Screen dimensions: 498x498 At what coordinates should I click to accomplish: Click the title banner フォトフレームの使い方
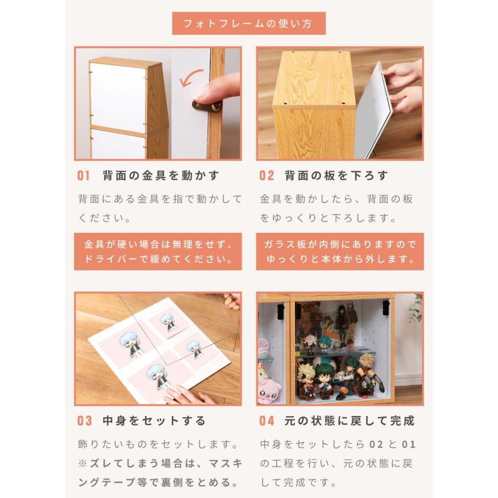pyautogui.click(x=248, y=24)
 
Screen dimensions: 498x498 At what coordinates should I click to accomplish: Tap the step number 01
pyautogui.click(x=83, y=176)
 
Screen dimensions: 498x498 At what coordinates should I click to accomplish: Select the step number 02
pyautogui.click(x=266, y=176)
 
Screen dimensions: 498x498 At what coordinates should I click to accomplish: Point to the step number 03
pyautogui.click(x=84, y=421)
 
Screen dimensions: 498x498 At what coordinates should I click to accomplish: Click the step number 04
pyautogui.click(x=267, y=421)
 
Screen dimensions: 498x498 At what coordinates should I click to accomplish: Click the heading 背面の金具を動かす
pyautogui.click(x=161, y=176)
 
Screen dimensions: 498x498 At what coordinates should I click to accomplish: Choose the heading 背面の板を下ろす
pyautogui.click(x=336, y=176)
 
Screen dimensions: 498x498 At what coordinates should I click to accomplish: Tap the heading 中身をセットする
pyautogui.click(x=154, y=421)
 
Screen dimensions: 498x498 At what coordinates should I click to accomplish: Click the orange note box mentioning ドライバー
pyautogui.click(x=158, y=252)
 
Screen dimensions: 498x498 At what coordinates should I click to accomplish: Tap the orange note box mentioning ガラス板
pyautogui.click(x=340, y=252)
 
